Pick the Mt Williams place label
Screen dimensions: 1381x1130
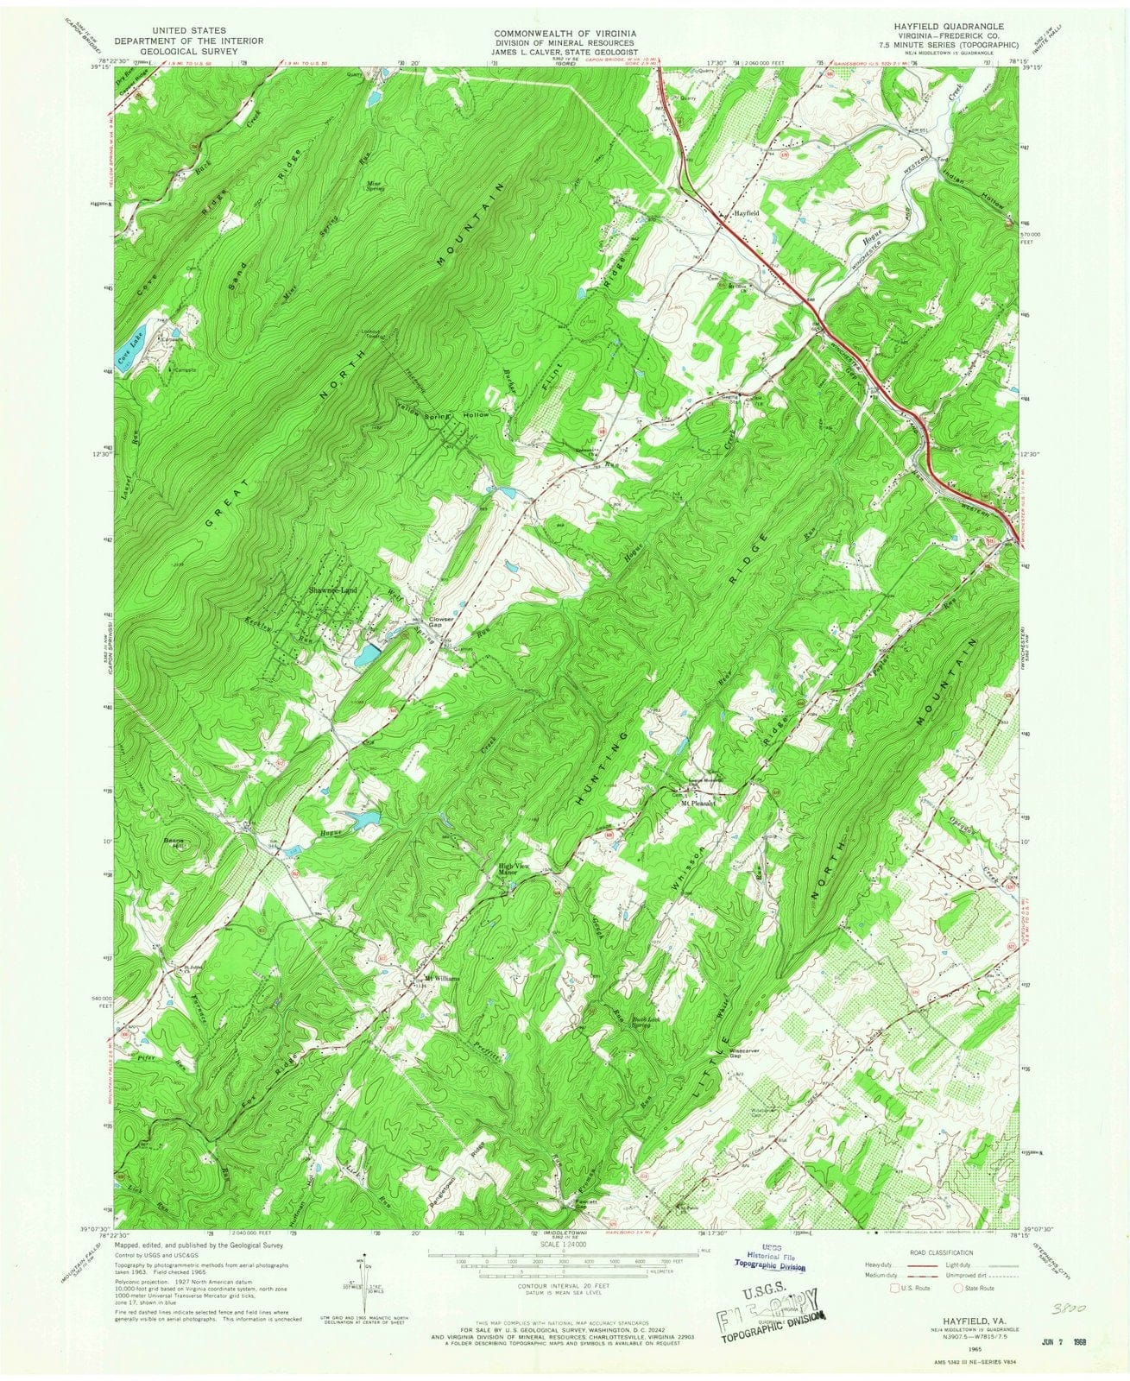(442, 979)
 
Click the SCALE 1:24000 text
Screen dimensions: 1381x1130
(566, 1244)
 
